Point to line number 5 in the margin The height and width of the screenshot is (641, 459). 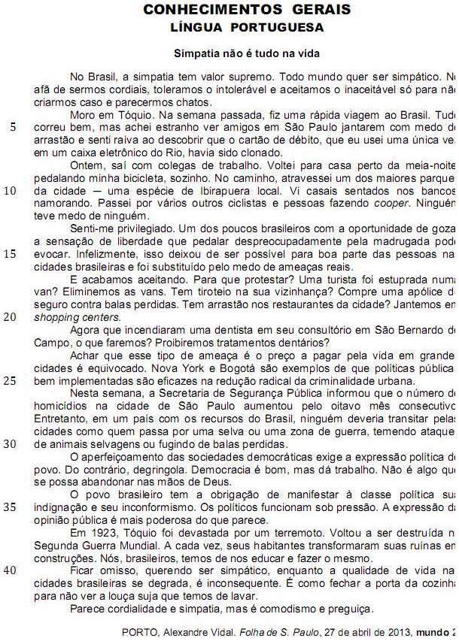tap(13, 126)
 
